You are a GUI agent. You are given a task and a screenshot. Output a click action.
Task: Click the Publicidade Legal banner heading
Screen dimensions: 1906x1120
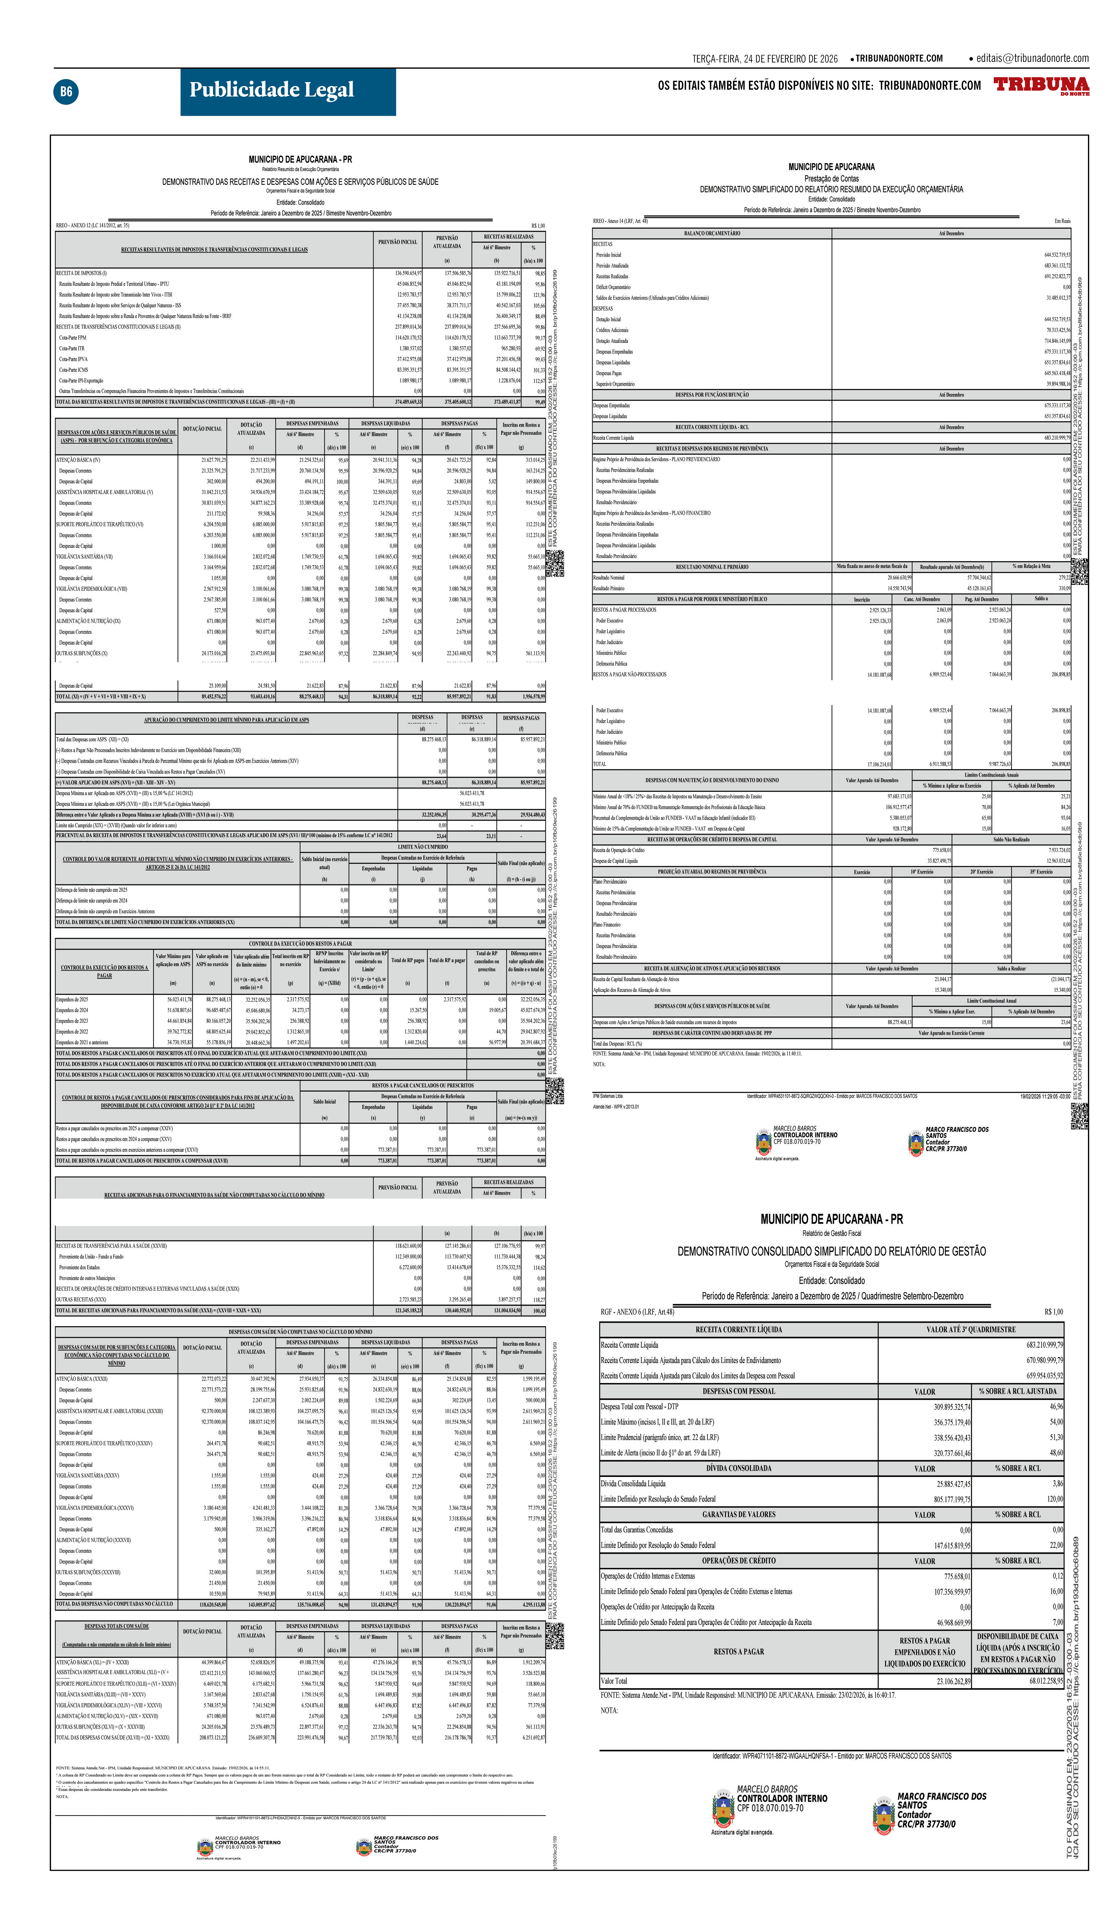[272, 91]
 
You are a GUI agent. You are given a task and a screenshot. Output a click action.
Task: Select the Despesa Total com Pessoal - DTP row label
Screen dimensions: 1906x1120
[639, 1406]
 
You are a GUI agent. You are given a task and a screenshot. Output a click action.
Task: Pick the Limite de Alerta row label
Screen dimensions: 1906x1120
[660, 1452]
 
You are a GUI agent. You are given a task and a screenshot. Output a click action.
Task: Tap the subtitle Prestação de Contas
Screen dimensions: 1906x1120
[831, 179]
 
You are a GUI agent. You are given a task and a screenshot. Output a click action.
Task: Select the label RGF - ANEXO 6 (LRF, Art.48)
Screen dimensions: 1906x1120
[637, 1312]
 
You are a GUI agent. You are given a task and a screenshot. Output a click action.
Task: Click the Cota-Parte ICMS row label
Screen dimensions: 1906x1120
[73, 370]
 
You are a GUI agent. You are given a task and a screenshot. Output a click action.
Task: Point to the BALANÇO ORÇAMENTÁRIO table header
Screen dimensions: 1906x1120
[712, 233]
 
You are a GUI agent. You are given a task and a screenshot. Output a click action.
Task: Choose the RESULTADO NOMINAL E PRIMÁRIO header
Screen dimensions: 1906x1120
[712, 567]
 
